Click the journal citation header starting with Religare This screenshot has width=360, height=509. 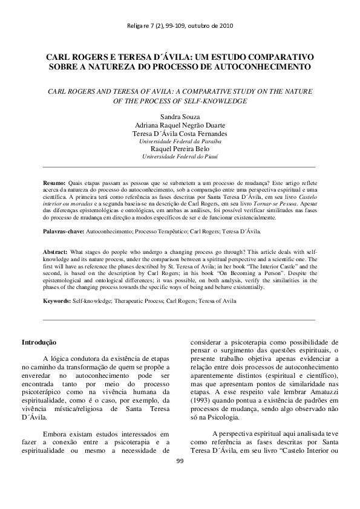click(180, 26)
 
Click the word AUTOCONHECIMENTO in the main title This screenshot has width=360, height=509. click(267, 65)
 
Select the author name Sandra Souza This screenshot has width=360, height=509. click(180, 115)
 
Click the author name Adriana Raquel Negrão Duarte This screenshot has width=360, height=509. click(180, 125)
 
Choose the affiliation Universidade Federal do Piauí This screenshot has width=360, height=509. click(180, 157)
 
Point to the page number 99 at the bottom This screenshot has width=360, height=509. click(180, 494)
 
